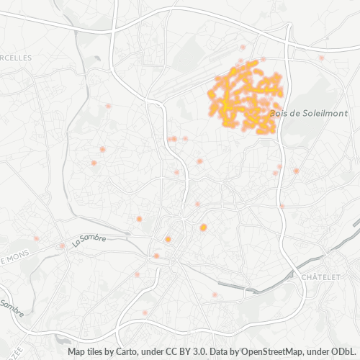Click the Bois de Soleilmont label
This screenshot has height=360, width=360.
(x=308, y=114)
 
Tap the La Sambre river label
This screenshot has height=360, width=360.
(x=90, y=240)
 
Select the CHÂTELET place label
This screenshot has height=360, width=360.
(x=320, y=277)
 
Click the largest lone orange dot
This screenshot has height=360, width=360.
(x=203, y=228)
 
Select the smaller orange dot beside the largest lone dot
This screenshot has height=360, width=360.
(x=168, y=239)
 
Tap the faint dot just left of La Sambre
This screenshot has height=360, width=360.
(x=62, y=246)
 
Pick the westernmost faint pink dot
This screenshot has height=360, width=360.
(x=35, y=238)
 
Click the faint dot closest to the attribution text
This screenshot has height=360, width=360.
(x=145, y=312)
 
